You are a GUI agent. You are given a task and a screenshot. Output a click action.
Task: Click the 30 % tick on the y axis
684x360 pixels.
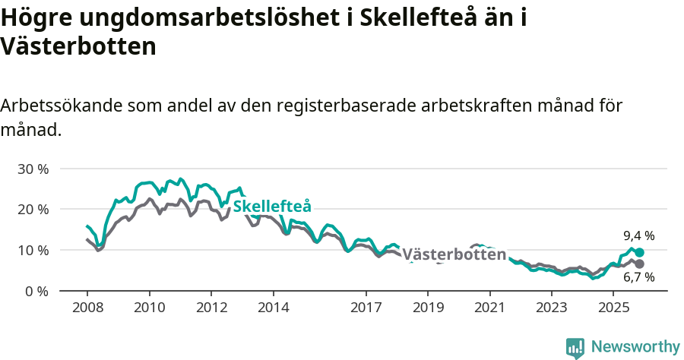pyautogui.click(x=32, y=169)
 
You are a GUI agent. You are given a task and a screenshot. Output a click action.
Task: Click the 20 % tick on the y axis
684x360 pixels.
pyautogui.click(x=32, y=209)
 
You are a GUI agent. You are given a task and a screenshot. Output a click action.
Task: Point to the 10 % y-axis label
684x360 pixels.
pyautogui.click(x=32, y=250)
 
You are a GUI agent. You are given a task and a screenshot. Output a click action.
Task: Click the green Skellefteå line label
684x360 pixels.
pyautogui.click(x=272, y=207)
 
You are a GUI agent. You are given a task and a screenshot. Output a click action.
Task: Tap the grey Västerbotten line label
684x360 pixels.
pyautogui.click(x=454, y=254)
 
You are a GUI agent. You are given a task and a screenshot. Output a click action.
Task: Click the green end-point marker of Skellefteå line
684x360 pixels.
pyautogui.click(x=639, y=252)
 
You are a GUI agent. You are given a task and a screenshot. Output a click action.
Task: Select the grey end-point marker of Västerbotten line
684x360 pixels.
pyautogui.click(x=639, y=264)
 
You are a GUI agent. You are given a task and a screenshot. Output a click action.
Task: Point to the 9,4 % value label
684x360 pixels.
pyautogui.click(x=638, y=235)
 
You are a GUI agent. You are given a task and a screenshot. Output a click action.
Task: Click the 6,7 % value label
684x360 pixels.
pyautogui.click(x=638, y=279)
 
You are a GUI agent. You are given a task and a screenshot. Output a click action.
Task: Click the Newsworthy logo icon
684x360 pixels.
pyautogui.click(x=575, y=347)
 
